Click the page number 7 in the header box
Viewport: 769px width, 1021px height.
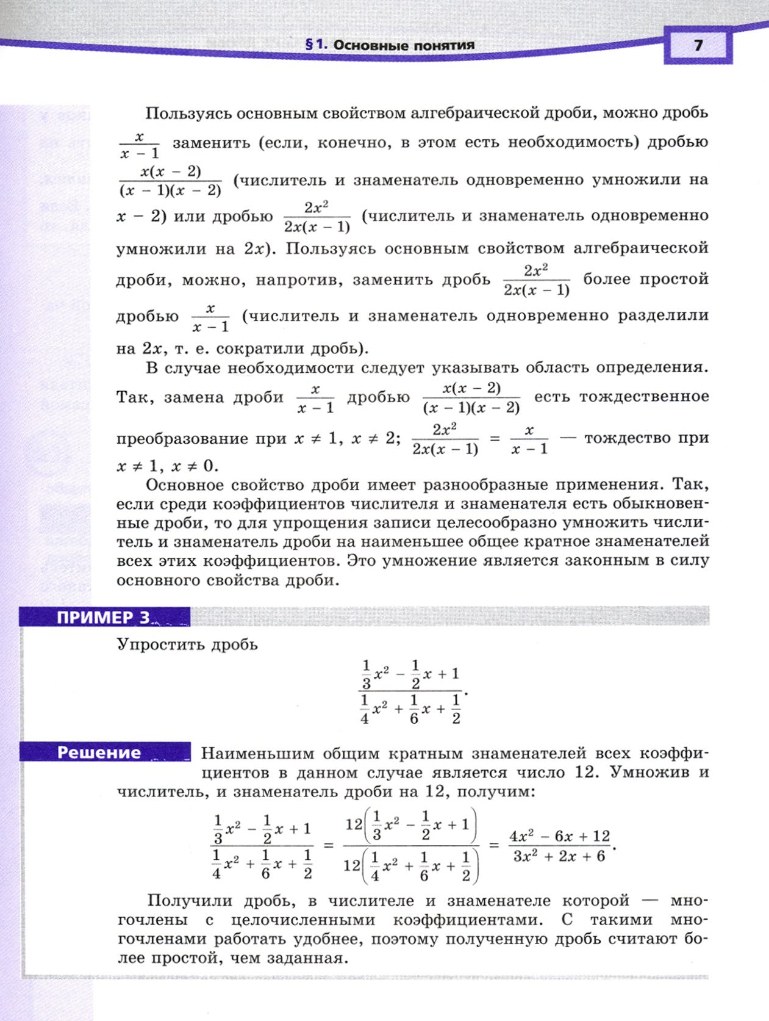coord(698,45)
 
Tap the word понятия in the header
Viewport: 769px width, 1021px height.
coord(445,45)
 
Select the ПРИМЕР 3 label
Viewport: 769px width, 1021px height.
coord(103,618)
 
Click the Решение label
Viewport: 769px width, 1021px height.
coord(99,752)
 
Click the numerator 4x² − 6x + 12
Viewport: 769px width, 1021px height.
coord(559,836)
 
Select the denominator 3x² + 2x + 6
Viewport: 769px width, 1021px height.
coord(559,856)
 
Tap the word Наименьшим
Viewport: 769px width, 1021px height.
coord(259,754)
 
